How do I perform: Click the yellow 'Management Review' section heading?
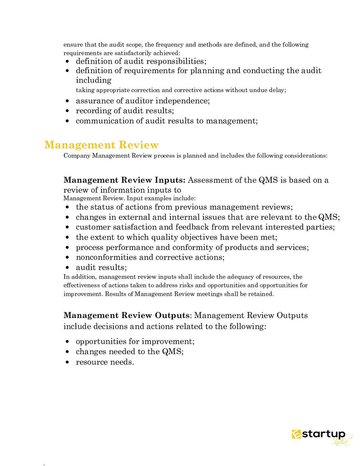101,145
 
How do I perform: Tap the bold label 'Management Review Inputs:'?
124,180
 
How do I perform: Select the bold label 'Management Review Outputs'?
126,315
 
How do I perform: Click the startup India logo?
320,438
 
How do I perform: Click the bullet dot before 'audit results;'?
67,268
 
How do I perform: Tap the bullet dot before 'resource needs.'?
67,363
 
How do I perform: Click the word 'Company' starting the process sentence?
77,156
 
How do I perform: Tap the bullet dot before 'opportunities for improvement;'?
67,342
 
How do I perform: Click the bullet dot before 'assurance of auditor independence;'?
67,101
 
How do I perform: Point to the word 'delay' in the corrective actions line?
277,90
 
